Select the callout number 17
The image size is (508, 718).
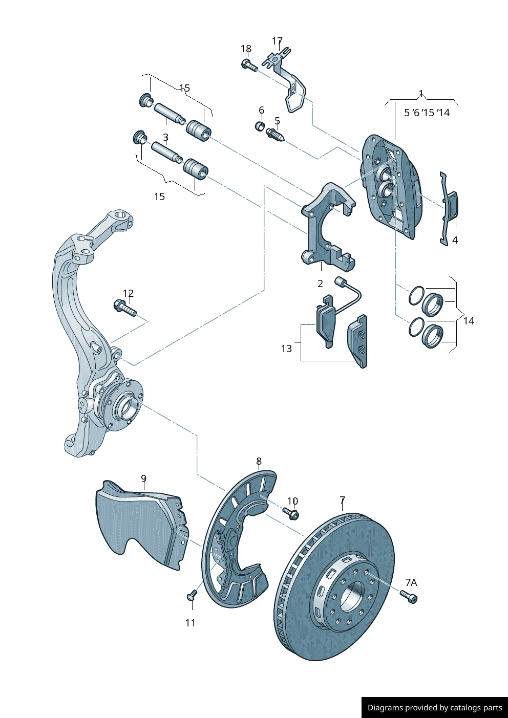click(x=277, y=41)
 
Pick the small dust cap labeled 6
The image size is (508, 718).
click(x=260, y=126)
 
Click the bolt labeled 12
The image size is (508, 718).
click(x=125, y=309)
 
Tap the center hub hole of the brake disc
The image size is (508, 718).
click(x=353, y=597)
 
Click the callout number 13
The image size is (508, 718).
click(x=286, y=349)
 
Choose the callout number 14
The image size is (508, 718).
click(x=469, y=321)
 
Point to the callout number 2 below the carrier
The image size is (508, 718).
click(x=321, y=284)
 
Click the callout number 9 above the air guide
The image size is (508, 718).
click(x=144, y=478)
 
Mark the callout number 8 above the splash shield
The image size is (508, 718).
click(x=259, y=461)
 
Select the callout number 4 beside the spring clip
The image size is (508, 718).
click(x=455, y=240)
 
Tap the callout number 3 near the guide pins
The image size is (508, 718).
click(x=165, y=137)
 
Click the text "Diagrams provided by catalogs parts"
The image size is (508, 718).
click(x=435, y=708)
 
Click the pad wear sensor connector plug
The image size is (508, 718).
click(x=338, y=280)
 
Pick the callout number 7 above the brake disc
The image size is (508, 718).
click(x=342, y=499)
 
